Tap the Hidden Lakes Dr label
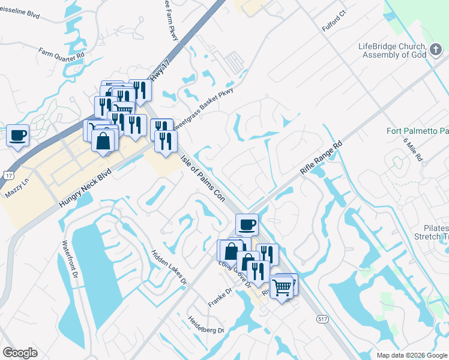[169, 266]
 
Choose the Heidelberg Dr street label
[206, 325]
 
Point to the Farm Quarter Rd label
[62, 53]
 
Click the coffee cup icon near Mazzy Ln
[18, 135]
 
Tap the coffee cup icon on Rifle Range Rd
[247, 225]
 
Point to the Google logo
[20, 353]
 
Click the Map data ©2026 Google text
[411, 355]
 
